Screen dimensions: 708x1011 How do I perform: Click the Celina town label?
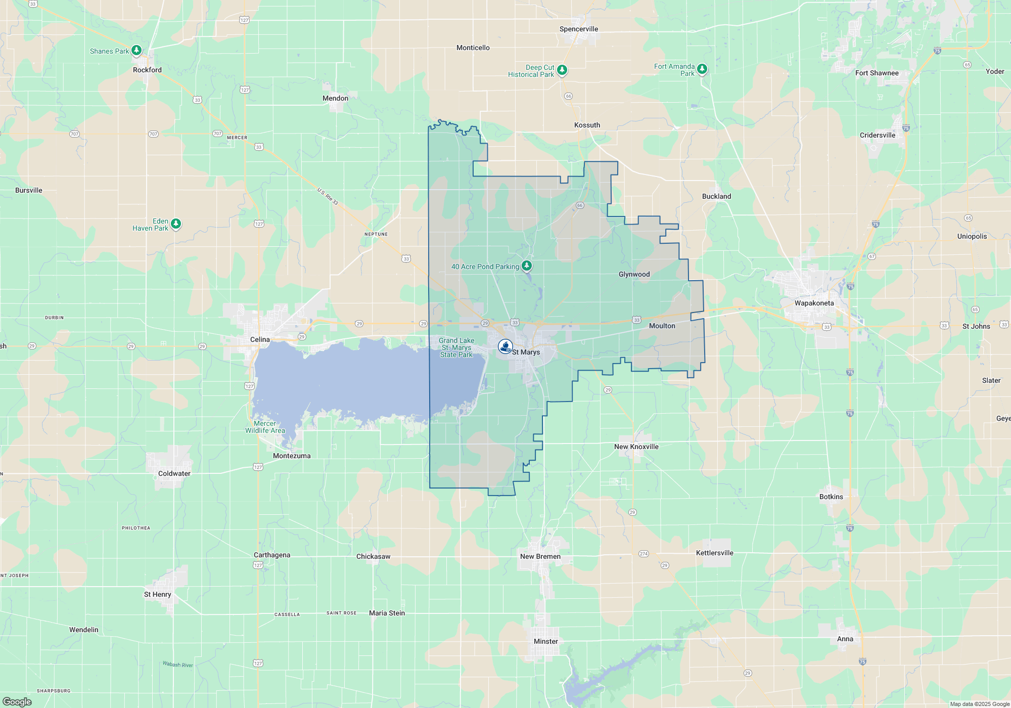[260, 339]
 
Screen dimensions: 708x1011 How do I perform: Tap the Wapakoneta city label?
[814, 303]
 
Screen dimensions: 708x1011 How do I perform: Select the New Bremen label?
[540, 556]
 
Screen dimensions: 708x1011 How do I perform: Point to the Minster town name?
[545, 641]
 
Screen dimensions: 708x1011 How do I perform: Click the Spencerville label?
[578, 29]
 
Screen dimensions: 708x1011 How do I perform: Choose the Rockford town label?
[147, 70]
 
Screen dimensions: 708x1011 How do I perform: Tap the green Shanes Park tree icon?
[136, 51]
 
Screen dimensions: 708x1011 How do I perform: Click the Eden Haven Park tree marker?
[176, 224]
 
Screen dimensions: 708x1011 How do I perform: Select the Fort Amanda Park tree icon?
[702, 69]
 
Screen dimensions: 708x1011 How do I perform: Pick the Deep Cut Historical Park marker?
[562, 70]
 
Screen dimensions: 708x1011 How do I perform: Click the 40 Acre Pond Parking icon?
[527, 265]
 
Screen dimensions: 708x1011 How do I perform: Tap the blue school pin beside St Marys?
[505, 346]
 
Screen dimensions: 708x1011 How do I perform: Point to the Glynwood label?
[634, 274]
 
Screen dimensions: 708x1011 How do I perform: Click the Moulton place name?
[662, 326]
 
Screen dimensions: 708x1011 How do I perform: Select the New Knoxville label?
[636, 447]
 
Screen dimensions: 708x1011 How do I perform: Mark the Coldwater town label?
[174, 473]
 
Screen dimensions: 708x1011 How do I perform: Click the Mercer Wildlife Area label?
[265, 427]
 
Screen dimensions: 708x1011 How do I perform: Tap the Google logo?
[17, 701]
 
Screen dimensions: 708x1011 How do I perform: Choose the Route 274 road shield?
[644, 554]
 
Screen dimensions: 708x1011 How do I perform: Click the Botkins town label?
[831, 497]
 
